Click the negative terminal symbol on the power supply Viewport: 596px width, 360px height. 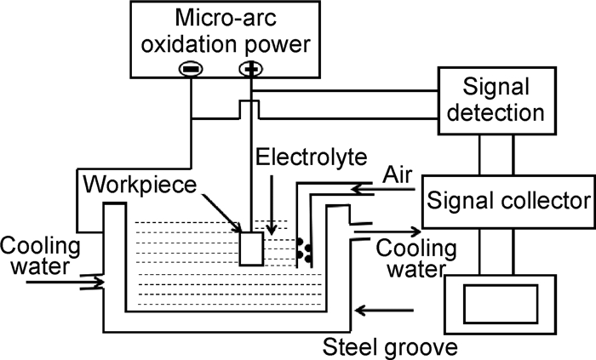coord(191,69)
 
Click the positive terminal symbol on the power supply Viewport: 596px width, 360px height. coord(251,69)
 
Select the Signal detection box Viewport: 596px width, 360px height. coord(496,101)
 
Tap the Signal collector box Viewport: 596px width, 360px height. coord(508,201)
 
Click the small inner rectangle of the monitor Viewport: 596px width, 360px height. coord(501,304)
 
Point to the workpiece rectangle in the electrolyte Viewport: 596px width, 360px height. coord(251,249)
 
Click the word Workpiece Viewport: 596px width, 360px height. coord(140,185)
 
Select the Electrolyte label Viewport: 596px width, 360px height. coord(312,157)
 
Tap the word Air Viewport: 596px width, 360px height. coord(398,175)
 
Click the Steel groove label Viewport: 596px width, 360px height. coord(390,347)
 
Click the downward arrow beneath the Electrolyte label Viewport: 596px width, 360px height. coord(272,205)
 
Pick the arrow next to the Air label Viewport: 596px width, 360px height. coord(382,189)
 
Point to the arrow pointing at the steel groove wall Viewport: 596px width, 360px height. coord(384,311)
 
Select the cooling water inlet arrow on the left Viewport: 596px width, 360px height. coord(65,283)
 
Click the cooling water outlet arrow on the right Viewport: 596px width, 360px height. coord(387,231)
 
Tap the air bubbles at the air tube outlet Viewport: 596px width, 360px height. coord(305,250)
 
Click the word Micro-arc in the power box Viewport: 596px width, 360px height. coord(226,18)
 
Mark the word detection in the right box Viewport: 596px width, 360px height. coord(496,113)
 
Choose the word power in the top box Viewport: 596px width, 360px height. coord(278,45)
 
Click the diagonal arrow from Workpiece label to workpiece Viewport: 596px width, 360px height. coord(221,213)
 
